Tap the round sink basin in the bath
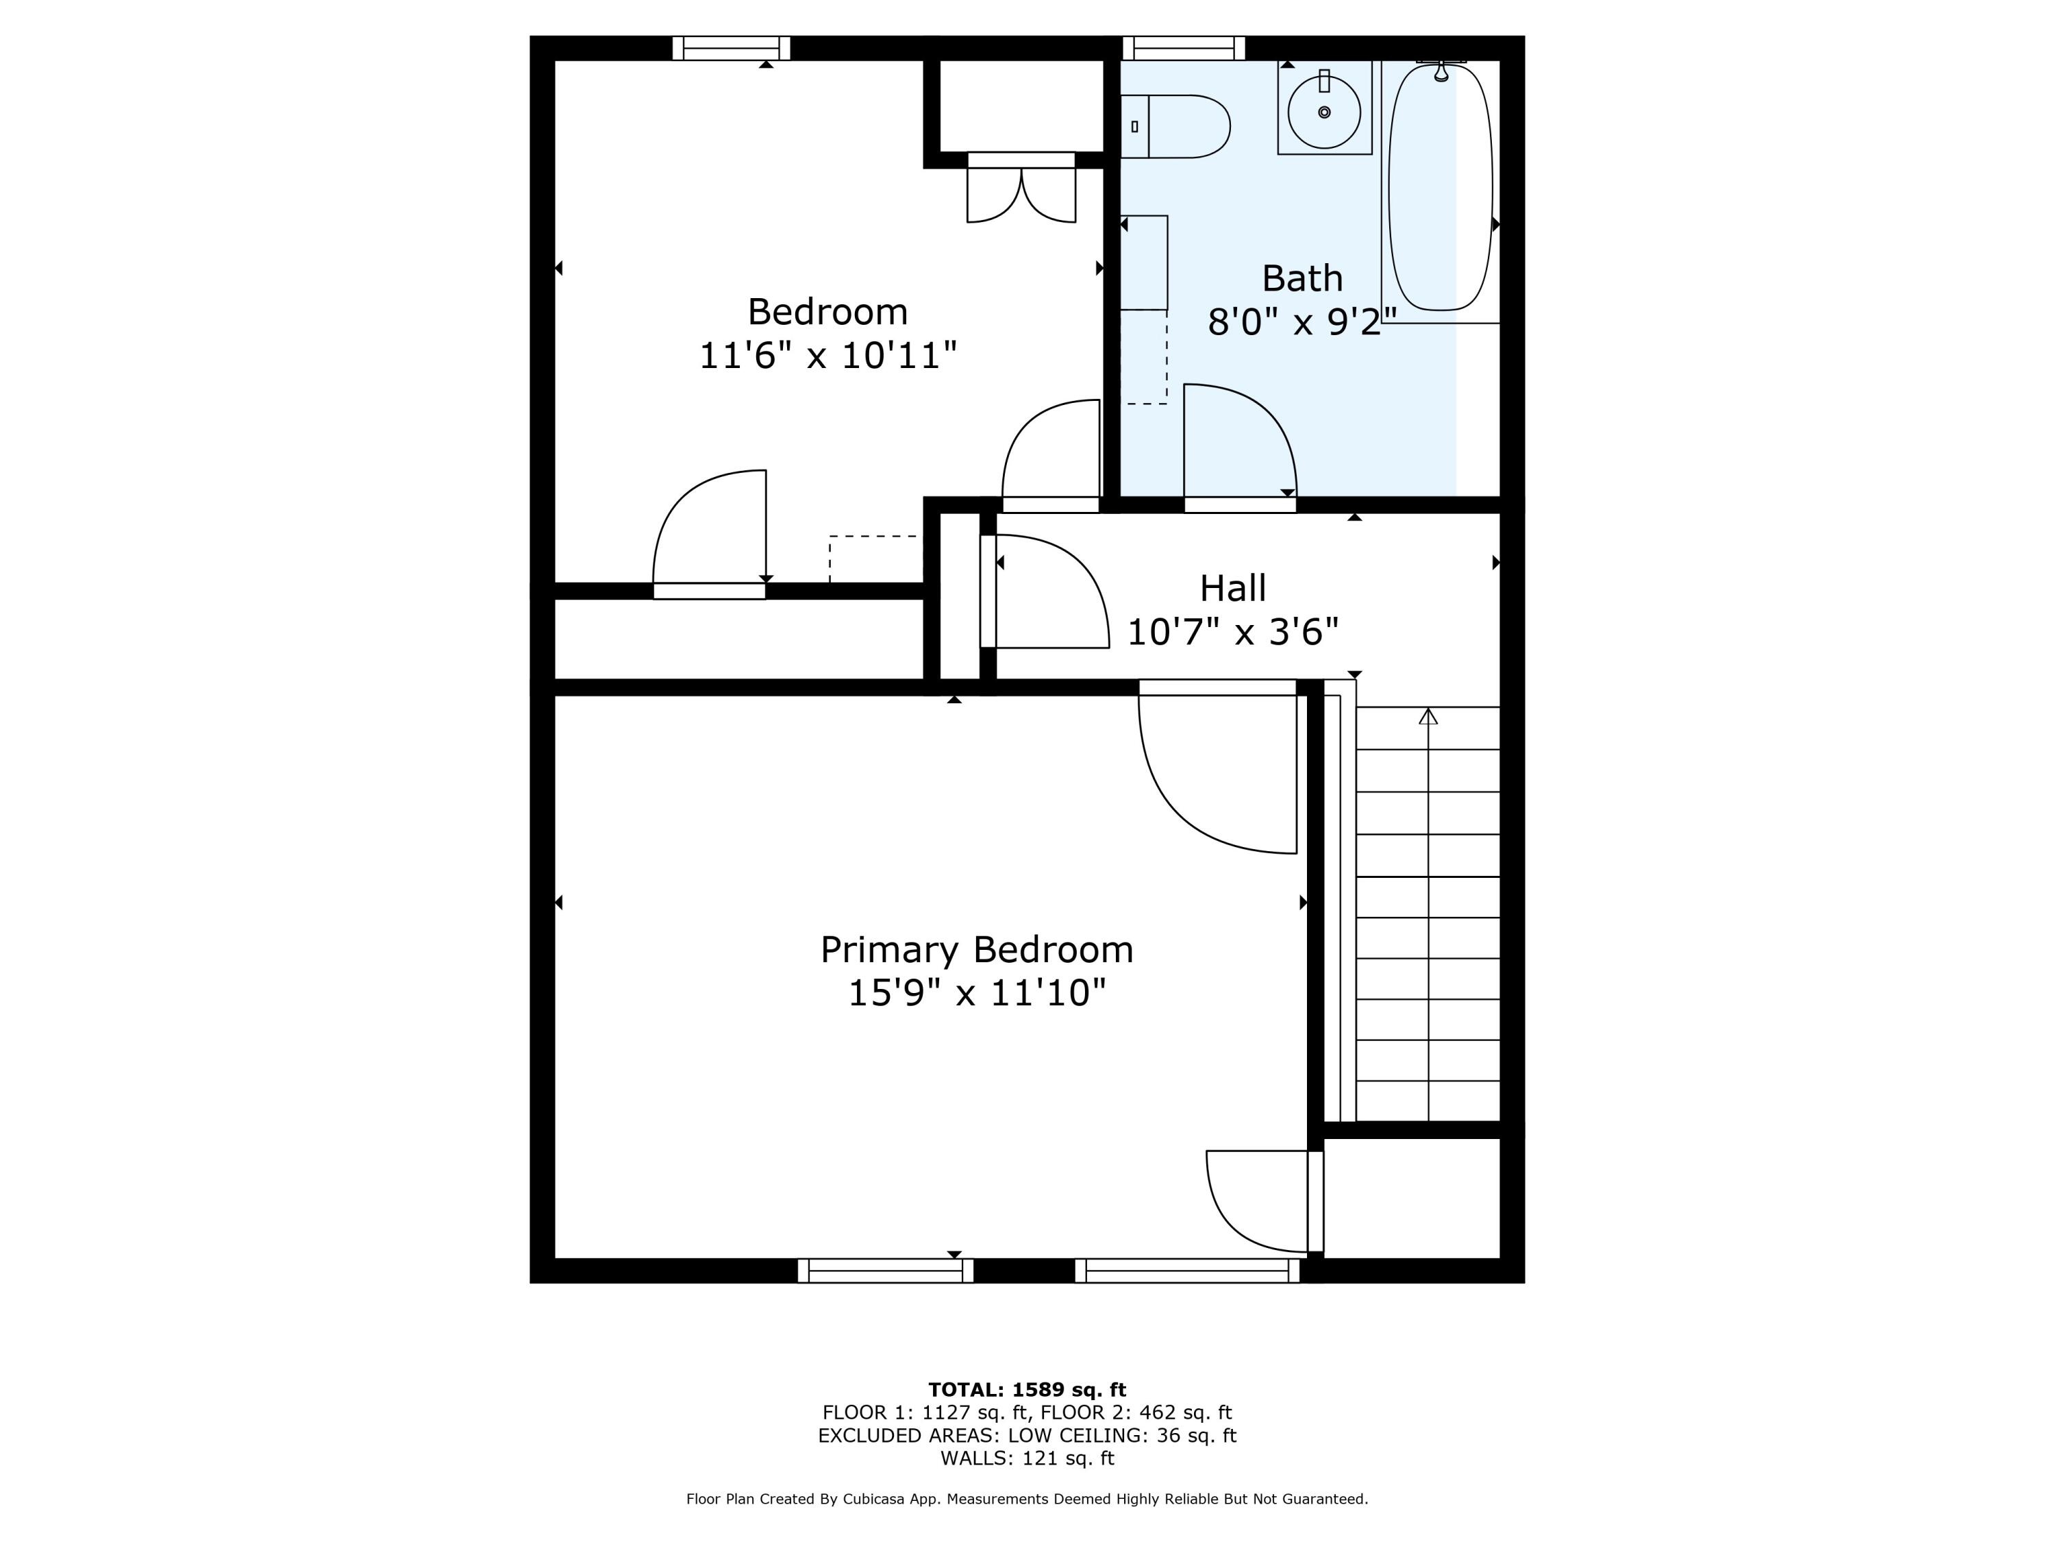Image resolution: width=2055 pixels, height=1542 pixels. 1324,112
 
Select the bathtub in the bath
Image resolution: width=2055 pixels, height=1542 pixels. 1440,186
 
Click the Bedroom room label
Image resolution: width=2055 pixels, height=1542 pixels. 827,311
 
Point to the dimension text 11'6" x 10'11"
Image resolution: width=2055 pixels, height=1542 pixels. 827,355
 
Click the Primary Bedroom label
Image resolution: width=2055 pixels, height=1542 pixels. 976,950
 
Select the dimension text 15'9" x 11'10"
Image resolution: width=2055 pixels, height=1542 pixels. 976,992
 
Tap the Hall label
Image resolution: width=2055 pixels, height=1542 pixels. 1233,587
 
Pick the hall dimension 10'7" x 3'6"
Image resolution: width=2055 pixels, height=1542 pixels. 1233,632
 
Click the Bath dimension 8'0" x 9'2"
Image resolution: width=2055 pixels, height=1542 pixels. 1301,321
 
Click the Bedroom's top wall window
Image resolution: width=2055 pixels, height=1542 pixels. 731,49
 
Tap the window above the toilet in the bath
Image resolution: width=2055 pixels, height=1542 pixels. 1184,49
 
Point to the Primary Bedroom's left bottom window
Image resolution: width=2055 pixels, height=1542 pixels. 885,1271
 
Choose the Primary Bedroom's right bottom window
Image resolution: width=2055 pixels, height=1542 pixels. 1187,1271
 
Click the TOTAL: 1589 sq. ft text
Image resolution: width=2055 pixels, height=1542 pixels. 1027,1390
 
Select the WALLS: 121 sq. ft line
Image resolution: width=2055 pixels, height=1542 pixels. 1027,1458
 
